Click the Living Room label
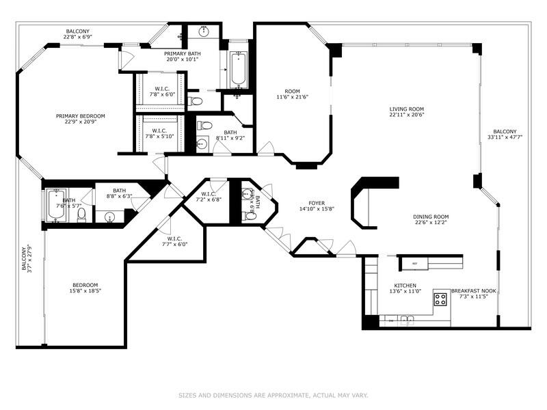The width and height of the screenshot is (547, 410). point(407,109)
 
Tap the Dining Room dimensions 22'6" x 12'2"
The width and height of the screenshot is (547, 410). point(431,225)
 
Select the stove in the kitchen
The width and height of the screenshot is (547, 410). point(441,298)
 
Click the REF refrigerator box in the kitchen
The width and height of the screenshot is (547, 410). point(414,263)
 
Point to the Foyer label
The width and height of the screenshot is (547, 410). point(317,203)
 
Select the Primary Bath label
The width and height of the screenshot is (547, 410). point(182,53)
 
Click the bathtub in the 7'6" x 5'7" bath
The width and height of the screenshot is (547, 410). point(55,206)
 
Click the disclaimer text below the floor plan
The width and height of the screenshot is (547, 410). point(273,395)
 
